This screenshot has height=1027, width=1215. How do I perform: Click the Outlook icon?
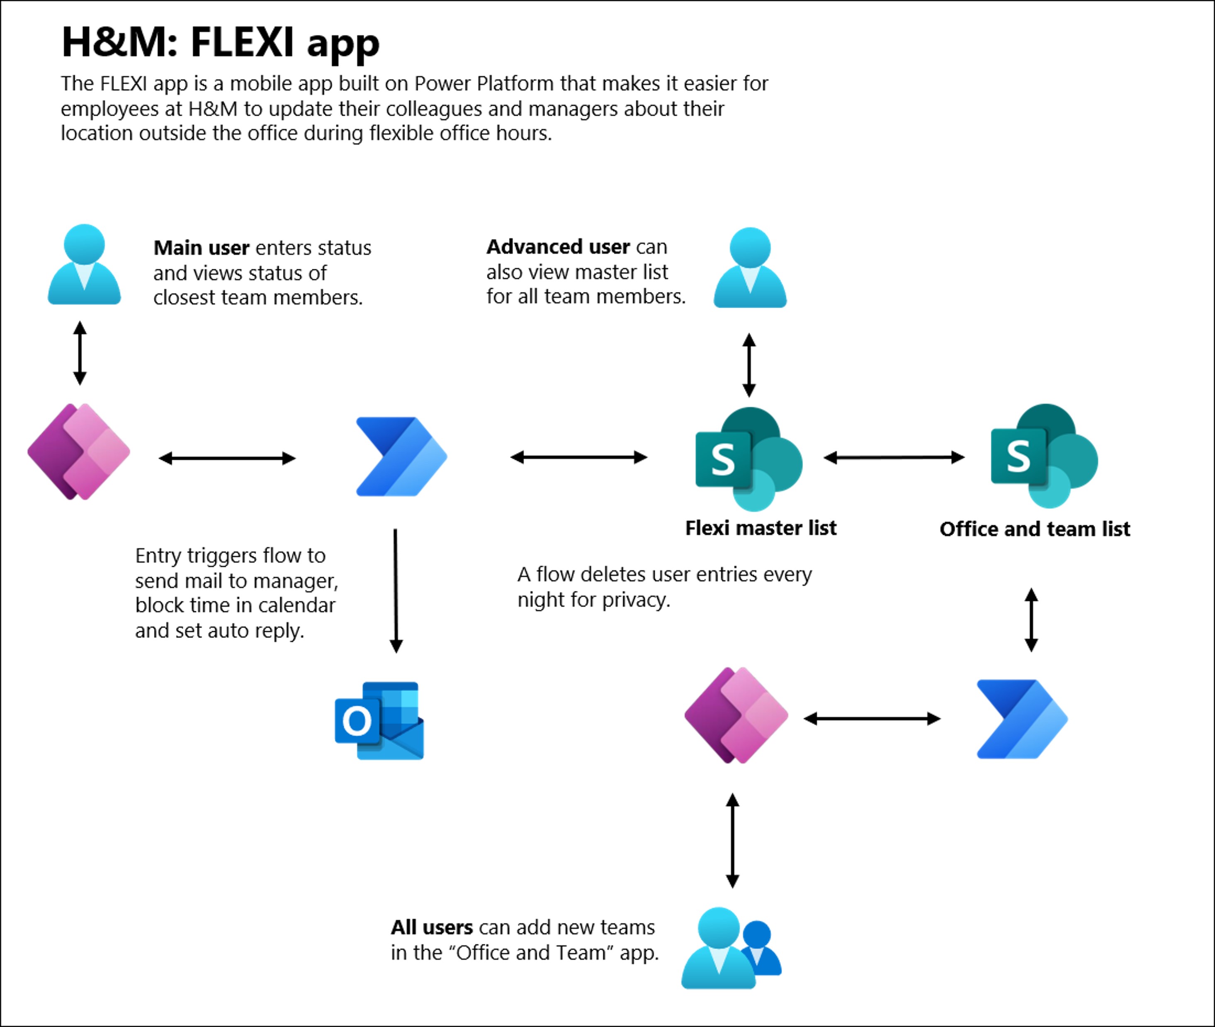coord(379,720)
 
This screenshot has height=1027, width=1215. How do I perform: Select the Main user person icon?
coord(84,264)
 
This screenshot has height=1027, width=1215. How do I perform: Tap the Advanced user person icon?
coord(750,268)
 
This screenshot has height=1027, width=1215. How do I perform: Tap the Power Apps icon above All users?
coord(736,715)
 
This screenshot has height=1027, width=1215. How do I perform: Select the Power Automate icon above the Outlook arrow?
coord(401,456)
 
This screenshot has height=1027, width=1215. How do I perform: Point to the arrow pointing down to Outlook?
coord(396,590)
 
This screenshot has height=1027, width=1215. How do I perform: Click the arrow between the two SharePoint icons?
coord(894,458)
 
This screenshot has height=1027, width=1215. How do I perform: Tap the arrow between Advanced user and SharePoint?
coord(749,365)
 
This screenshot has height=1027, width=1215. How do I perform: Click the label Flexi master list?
coord(761,528)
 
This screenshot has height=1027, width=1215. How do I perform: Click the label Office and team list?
coord(1035,529)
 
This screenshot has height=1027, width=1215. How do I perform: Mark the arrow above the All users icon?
coord(733,840)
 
